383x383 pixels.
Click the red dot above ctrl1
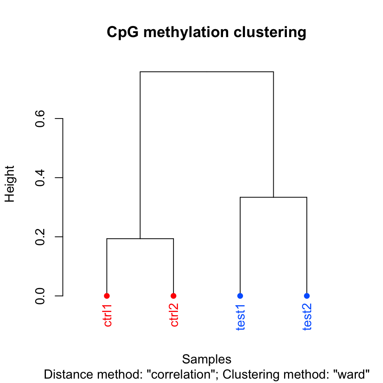(x=107, y=296)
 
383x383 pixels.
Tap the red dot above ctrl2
(x=174, y=296)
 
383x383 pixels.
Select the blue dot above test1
(x=240, y=296)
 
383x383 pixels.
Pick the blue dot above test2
(x=306, y=296)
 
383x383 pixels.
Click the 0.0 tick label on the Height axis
(x=39, y=296)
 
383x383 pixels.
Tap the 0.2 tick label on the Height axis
(x=39, y=237)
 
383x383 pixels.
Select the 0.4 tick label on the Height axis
(x=39, y=178)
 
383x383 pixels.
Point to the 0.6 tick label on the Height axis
(x=39, y=118)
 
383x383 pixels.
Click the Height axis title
(x=10, y=184)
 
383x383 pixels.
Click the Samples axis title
(x=207, y=359)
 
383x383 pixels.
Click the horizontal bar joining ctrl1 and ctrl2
(x=140, y=239)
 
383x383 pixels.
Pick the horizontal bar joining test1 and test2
(x=273, y=197)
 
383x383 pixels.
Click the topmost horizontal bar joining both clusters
(x=207, y=72)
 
